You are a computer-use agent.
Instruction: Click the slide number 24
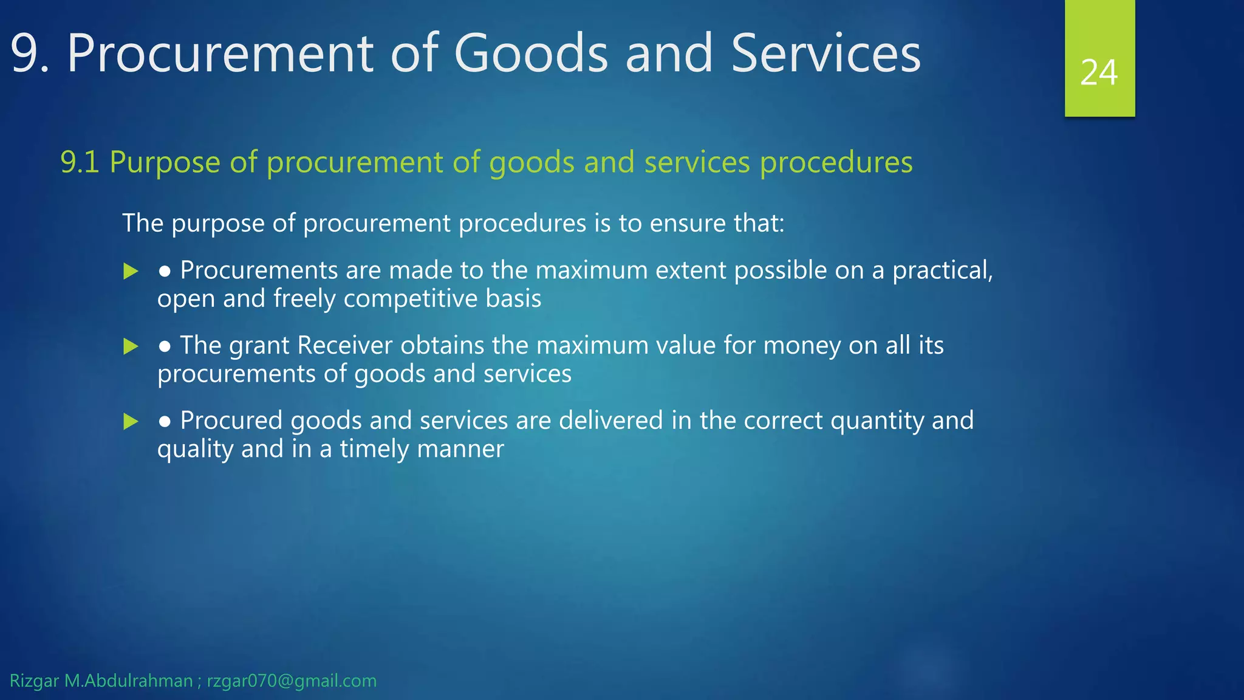1099,73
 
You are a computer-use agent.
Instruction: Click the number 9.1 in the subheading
80,162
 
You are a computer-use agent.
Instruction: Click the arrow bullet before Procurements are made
131,271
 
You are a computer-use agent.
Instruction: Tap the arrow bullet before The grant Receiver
131,346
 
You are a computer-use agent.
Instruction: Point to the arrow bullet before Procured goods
131,421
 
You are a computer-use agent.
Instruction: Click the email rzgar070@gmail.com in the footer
292,681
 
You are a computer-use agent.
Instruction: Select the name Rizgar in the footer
34,681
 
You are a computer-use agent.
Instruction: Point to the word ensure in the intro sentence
688,223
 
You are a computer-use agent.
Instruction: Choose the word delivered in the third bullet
610,420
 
